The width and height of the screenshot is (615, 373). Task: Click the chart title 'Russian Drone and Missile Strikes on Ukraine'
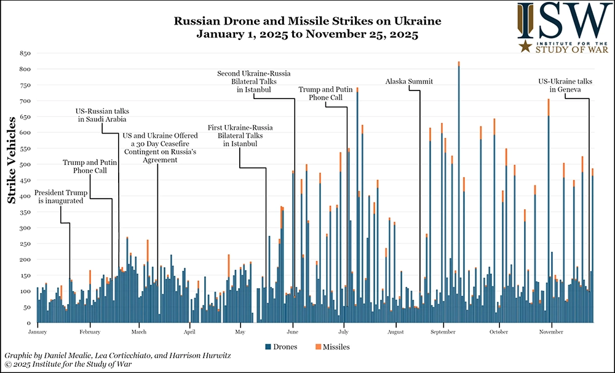pos(307,22)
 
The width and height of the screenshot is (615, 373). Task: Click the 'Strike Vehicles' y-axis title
pos(12,179)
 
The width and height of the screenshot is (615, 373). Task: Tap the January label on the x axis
pos(38,332)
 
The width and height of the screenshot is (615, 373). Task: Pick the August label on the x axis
pos(395,332)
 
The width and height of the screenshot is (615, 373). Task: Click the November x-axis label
pos(551,332)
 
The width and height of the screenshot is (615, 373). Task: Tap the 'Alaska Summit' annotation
pos(409,81)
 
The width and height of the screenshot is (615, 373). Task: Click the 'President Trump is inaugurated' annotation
pos(60,195)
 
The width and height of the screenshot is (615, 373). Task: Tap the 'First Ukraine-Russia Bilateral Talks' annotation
pos(240,135)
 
